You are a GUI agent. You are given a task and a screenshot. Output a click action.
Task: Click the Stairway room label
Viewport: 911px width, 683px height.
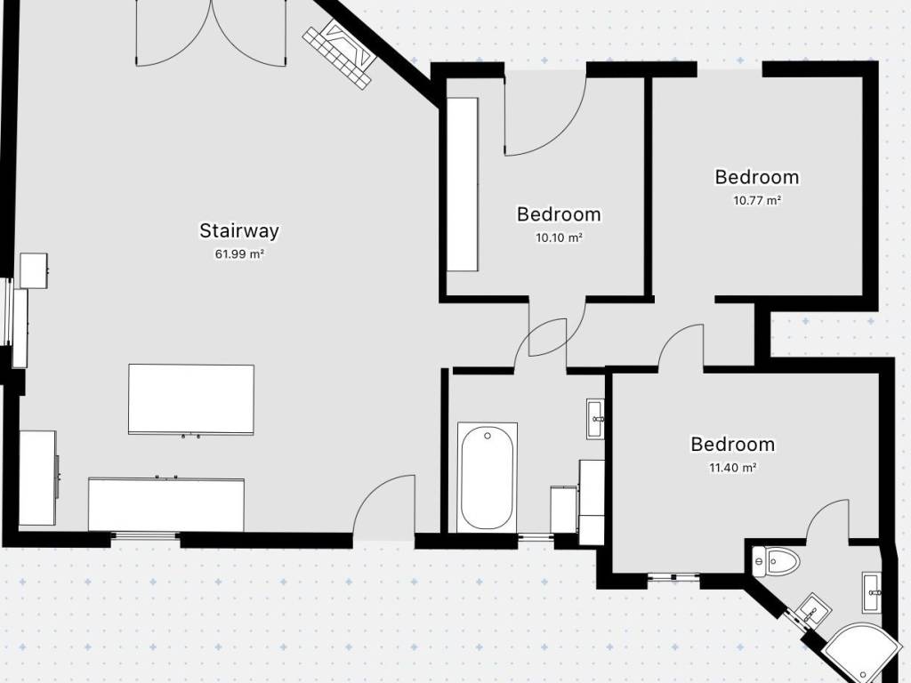[x=239, y=230]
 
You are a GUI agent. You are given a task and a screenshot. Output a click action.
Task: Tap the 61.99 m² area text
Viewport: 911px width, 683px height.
[x=240, y=253]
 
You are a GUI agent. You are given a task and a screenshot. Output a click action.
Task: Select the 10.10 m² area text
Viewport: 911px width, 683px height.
[x=559, y=237]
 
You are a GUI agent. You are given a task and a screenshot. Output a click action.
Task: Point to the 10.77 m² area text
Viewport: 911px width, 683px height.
[x=757, y=200]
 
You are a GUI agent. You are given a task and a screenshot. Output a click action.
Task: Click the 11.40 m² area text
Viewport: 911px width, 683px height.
[x=733, y=468]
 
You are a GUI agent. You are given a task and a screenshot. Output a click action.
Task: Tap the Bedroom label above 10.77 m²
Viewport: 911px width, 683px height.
[x=757, y=177]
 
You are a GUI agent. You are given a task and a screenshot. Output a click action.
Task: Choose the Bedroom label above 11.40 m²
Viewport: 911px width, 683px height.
[x=733, y=445]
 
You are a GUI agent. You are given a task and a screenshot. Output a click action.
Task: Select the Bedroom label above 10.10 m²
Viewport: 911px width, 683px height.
[x=559, y=213]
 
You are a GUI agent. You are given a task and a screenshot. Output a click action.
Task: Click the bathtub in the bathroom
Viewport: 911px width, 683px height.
[x=488, y=478]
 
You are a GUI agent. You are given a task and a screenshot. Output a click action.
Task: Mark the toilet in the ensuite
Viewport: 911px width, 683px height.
[x=775, y=562]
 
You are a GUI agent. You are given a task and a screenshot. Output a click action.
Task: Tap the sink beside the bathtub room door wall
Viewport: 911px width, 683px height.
[x=595, y=419]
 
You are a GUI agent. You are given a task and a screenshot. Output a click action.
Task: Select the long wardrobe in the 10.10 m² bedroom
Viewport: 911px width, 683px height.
[x=463, y=184]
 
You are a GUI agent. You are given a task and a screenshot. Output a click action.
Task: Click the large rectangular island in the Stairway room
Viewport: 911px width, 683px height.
[x=191, y=399]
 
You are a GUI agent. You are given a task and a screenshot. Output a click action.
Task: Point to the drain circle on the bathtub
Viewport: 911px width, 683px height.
[x=488, y=436]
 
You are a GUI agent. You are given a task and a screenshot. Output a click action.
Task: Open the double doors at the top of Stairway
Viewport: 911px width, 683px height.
[x=212, y=33]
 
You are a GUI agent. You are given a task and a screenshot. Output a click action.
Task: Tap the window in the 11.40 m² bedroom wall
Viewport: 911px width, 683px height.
[x=674, y=576]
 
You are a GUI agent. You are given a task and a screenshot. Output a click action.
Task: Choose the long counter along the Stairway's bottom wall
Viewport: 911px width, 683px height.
[x=166, y=504]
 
